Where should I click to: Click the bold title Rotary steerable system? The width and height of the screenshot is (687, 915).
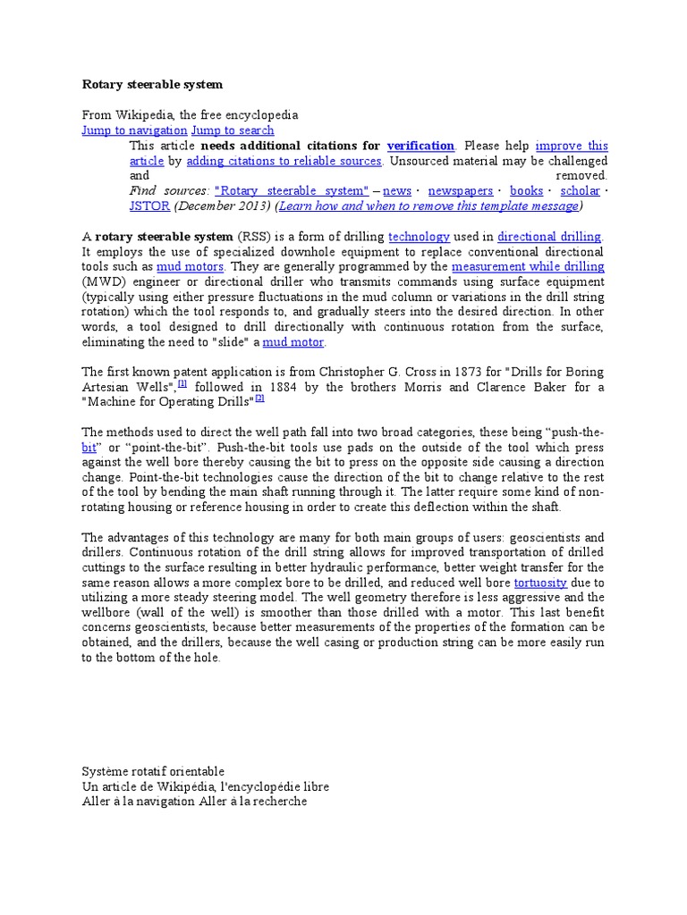coord(152,85)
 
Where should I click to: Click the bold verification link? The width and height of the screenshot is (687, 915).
coord(420,146)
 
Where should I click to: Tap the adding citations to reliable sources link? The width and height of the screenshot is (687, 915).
coord(284,161)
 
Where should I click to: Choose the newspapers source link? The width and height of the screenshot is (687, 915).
coord(461,191)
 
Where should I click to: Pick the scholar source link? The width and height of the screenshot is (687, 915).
coord(580,191)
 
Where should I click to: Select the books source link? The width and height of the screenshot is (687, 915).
coord(526,191)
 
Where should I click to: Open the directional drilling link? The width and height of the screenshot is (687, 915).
coord(550,237)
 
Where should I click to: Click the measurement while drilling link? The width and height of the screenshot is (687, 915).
coord(528,267)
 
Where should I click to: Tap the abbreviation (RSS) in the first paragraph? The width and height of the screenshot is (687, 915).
coord(252,237)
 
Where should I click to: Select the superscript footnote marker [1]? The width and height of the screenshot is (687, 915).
coord(182,384)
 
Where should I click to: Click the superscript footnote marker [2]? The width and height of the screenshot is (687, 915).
coord(259,399)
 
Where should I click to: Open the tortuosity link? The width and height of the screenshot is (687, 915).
coord(540,583)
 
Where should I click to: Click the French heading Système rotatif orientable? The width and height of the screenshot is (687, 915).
coord(153,771)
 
